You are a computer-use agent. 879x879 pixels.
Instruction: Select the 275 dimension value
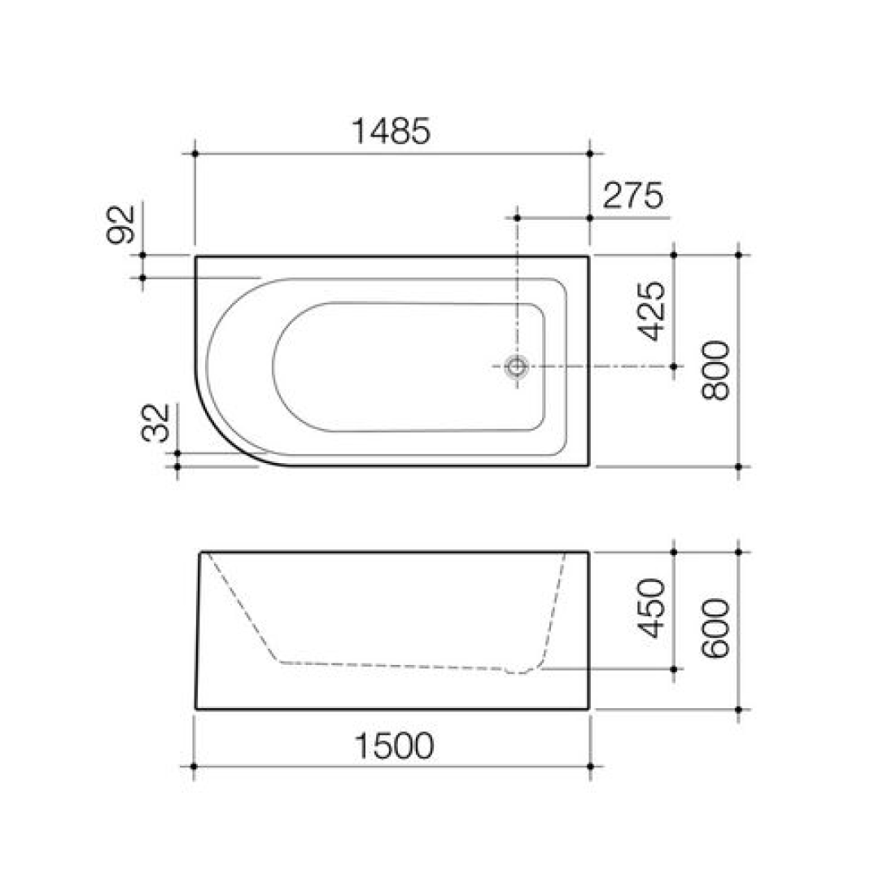tap(633, 196)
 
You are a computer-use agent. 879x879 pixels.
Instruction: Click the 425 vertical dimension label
tap(652, 312)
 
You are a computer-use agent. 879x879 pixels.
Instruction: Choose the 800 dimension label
tap(715, 370)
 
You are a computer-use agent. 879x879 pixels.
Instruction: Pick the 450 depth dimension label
tap(652, 610)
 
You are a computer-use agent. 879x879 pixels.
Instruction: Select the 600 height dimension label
tap(715, 629)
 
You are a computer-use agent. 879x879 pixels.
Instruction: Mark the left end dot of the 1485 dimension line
tap(195, 153)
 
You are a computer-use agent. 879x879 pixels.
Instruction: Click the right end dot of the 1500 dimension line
tap(590, 767)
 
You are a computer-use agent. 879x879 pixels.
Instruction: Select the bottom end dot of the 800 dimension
tap(738, 467)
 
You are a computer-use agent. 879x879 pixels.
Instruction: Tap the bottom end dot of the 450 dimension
tap(674, 669)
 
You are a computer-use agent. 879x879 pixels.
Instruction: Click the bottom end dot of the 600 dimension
tap(738, 710)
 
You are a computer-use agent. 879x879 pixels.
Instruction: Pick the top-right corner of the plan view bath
tap(588, 256)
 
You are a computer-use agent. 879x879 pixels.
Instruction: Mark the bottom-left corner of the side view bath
tap(196, 709)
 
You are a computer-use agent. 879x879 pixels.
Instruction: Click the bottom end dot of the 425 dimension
tap(674, 367)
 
